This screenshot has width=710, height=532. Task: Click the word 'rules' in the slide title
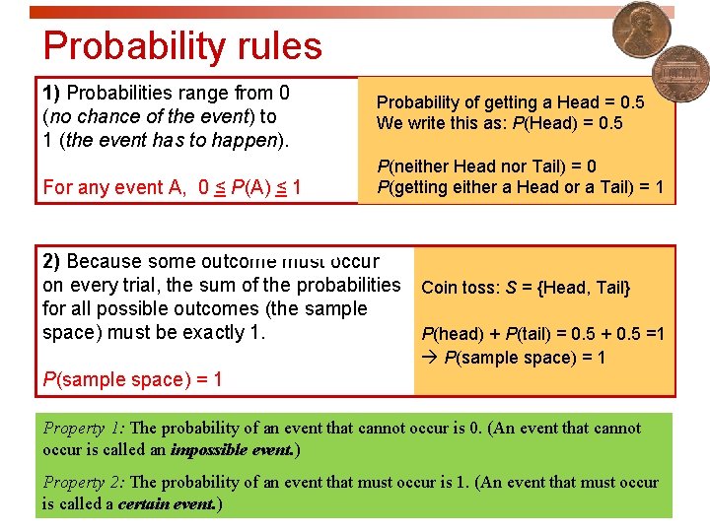click(273, 46)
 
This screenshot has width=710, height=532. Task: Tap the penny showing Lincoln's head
click(641, 31)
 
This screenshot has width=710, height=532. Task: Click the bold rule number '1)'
click(52, 94)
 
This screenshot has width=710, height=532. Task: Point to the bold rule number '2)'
click(52, 262)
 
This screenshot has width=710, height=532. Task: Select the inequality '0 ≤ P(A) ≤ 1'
click(249, 187)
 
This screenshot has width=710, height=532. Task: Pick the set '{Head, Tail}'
click(586, 288)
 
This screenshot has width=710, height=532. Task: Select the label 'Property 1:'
click(84, 429)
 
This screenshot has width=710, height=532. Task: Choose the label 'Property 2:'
click(84, 483)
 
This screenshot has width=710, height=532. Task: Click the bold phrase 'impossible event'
click(232, 450)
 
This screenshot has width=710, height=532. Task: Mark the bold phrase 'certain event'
click(166, 504)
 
